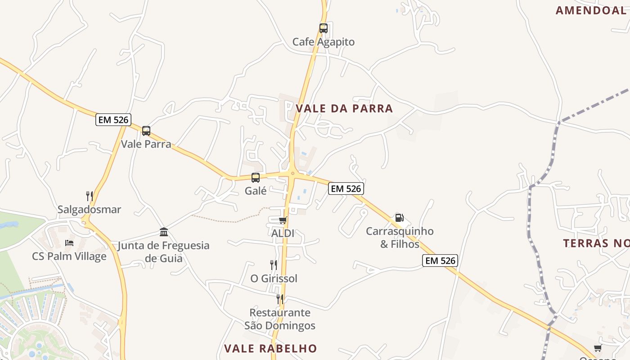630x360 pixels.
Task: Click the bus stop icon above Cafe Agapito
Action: (x=323, y=28)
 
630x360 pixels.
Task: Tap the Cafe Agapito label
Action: (x=323, y=42)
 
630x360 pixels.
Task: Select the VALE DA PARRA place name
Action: (x=344, y=108)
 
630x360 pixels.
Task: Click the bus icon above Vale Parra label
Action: (x=146, y=131)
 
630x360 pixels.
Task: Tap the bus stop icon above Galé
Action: (x=256, y=178)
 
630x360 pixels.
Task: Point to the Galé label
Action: (x=256, y=191)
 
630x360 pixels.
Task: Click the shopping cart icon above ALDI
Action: (x=283, y=220)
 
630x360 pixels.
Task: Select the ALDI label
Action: (x=283, y=234)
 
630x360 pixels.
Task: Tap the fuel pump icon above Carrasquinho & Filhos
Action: (x=399, y=218)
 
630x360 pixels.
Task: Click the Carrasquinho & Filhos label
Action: (x=400, y=238)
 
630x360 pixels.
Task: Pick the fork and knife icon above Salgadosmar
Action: (x=90, y=196)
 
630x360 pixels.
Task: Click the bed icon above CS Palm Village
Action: (x=69, y=243)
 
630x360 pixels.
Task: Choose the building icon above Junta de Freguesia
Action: (x=164, y=232)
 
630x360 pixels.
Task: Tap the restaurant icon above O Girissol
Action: (x=273, y=265)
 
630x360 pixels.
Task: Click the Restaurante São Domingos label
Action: (x=280, y=319)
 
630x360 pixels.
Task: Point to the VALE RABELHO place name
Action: (x=270, y=349)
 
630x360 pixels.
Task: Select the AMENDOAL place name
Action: (x=590, y=10)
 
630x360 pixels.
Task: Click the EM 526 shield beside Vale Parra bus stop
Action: (x=113, y=120)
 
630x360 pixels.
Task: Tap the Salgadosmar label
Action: (x=89, y=210)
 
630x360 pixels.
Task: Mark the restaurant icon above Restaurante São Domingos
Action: (x=280, y=299)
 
